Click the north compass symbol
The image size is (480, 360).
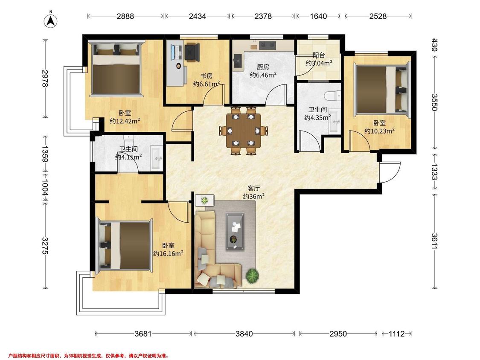(51, 20)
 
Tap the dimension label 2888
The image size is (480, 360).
(125, 16)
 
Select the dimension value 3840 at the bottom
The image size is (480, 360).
(244, 334)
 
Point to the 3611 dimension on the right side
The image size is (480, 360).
(434, 241)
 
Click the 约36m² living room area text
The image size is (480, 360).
(254, 196)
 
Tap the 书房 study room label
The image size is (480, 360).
(207, 75)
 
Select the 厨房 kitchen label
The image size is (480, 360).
(263, 67)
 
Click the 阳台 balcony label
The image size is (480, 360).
(319, 55)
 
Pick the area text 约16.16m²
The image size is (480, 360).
(168, 253)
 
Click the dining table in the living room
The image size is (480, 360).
(243, 131)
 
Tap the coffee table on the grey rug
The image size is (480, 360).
(235, 231)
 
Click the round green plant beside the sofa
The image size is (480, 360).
(253, 275)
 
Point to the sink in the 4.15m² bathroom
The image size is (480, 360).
(157, 158)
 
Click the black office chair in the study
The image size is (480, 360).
(192, 52)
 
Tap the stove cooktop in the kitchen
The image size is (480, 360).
(268, 45)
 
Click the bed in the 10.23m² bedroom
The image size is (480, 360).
(382, 90)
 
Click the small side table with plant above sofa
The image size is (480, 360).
(204, 200)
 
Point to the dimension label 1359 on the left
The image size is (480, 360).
(45, 154)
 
